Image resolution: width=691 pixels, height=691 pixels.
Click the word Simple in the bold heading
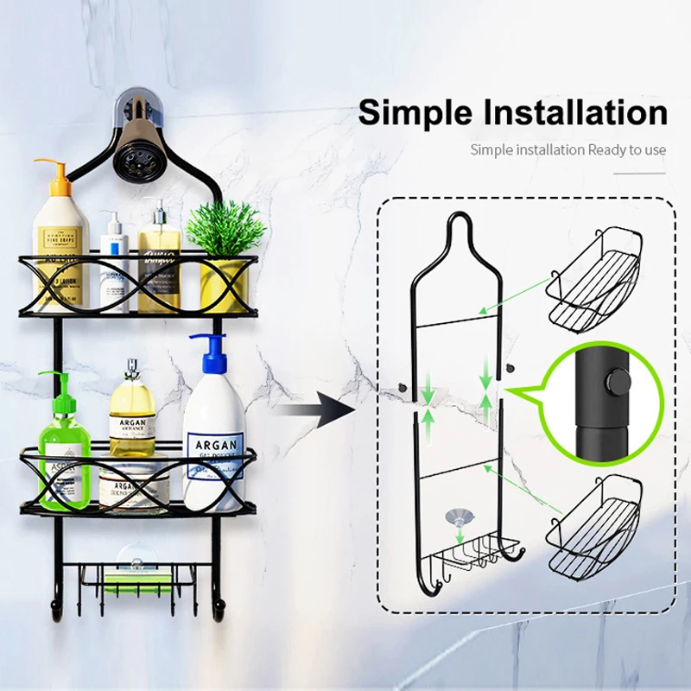(412, 113)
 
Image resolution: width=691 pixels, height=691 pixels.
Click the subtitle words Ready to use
(627, 149)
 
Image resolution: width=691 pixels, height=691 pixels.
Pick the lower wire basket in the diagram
(594, 522)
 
